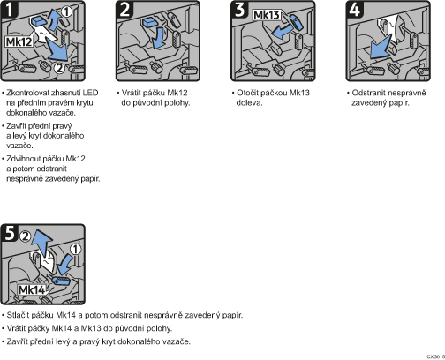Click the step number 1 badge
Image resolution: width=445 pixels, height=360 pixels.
coord(10,9)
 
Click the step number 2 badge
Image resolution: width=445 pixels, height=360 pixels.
coord(124,9)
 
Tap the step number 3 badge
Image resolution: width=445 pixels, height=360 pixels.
coord(240,9)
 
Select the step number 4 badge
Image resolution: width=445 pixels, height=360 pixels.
coord(355,9)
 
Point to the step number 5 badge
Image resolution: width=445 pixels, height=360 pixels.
coord(10,233)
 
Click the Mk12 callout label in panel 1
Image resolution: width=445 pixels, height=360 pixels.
coord(19,41)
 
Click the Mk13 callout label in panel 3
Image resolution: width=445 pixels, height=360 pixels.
coord(267,15)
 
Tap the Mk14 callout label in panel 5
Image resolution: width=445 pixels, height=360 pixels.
coord(32,290)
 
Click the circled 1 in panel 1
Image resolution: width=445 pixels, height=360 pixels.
coord(67,11)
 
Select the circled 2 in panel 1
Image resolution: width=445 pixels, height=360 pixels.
coord(59,68)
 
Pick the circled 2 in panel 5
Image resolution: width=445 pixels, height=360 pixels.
coord(26,236)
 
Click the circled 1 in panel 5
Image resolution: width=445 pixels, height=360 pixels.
coord(76,249)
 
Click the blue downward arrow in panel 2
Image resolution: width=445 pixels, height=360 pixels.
coord(159,37)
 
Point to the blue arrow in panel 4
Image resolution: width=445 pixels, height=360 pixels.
coord(380,48)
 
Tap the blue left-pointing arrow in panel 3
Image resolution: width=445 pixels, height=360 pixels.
coord(281,32)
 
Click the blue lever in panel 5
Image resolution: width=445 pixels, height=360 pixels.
coord(61,281)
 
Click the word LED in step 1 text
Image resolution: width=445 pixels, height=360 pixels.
coord(90,93)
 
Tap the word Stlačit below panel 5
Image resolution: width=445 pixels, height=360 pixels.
coord(18,315)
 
